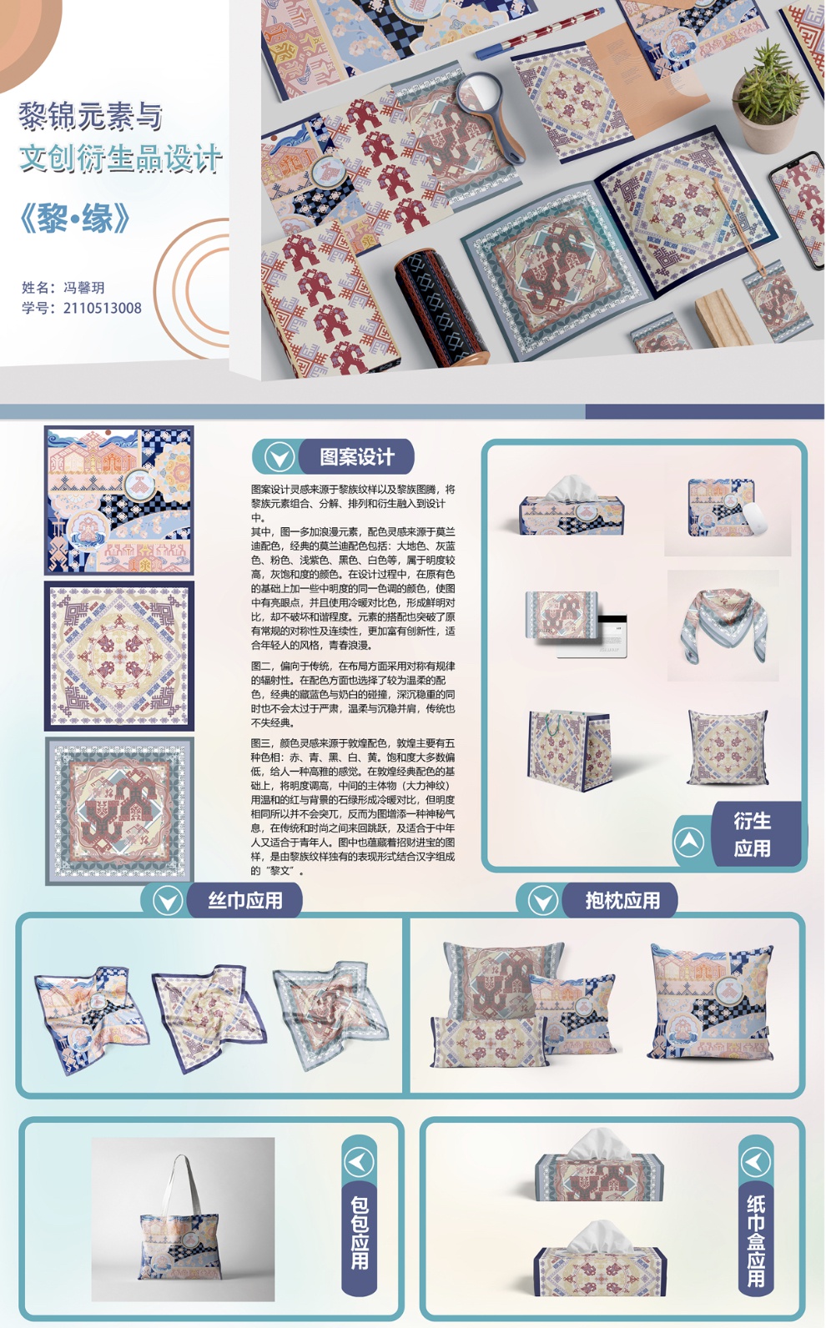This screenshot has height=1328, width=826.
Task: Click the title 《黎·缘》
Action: [75, 218]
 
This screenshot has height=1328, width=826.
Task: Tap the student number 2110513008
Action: [102, 309]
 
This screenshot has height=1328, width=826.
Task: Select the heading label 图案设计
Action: [357, 456]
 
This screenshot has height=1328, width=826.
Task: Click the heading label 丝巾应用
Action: [245, 901]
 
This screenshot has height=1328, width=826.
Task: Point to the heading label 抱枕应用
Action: [622, 901]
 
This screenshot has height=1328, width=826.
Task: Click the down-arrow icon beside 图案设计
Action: [280, 457]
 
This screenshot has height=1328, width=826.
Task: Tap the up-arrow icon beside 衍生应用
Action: [688, 842]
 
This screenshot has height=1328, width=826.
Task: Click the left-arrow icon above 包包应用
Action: [360, 1163]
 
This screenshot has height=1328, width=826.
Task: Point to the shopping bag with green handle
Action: [569, 749]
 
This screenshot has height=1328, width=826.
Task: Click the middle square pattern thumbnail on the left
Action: [119, 656]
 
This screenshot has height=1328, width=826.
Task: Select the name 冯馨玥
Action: [83, 288]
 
